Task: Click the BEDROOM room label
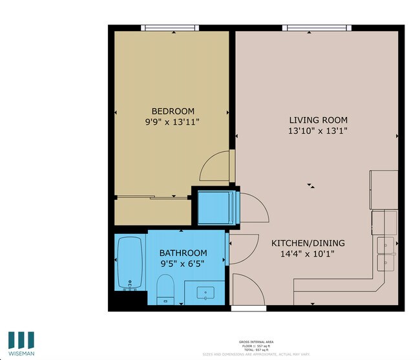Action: [x=173, y=111]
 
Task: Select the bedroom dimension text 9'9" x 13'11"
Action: [x=173, y=122]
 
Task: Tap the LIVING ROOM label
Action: [x=318, y=120]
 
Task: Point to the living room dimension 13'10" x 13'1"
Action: [x=318, y=131]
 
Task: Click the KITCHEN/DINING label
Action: [x=308, y=243]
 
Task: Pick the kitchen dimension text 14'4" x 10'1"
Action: [x=308, y=254]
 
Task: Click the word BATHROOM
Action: [x=184, y=253]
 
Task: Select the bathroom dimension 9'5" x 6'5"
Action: [x=184, y=263]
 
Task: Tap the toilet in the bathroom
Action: [x=166, y=289]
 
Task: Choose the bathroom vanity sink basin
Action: [x=206, y=293]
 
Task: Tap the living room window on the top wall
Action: [x=317, y=27]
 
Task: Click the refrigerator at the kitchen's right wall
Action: [x=383, y=190]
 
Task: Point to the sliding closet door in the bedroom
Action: [x=153, y=196]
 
